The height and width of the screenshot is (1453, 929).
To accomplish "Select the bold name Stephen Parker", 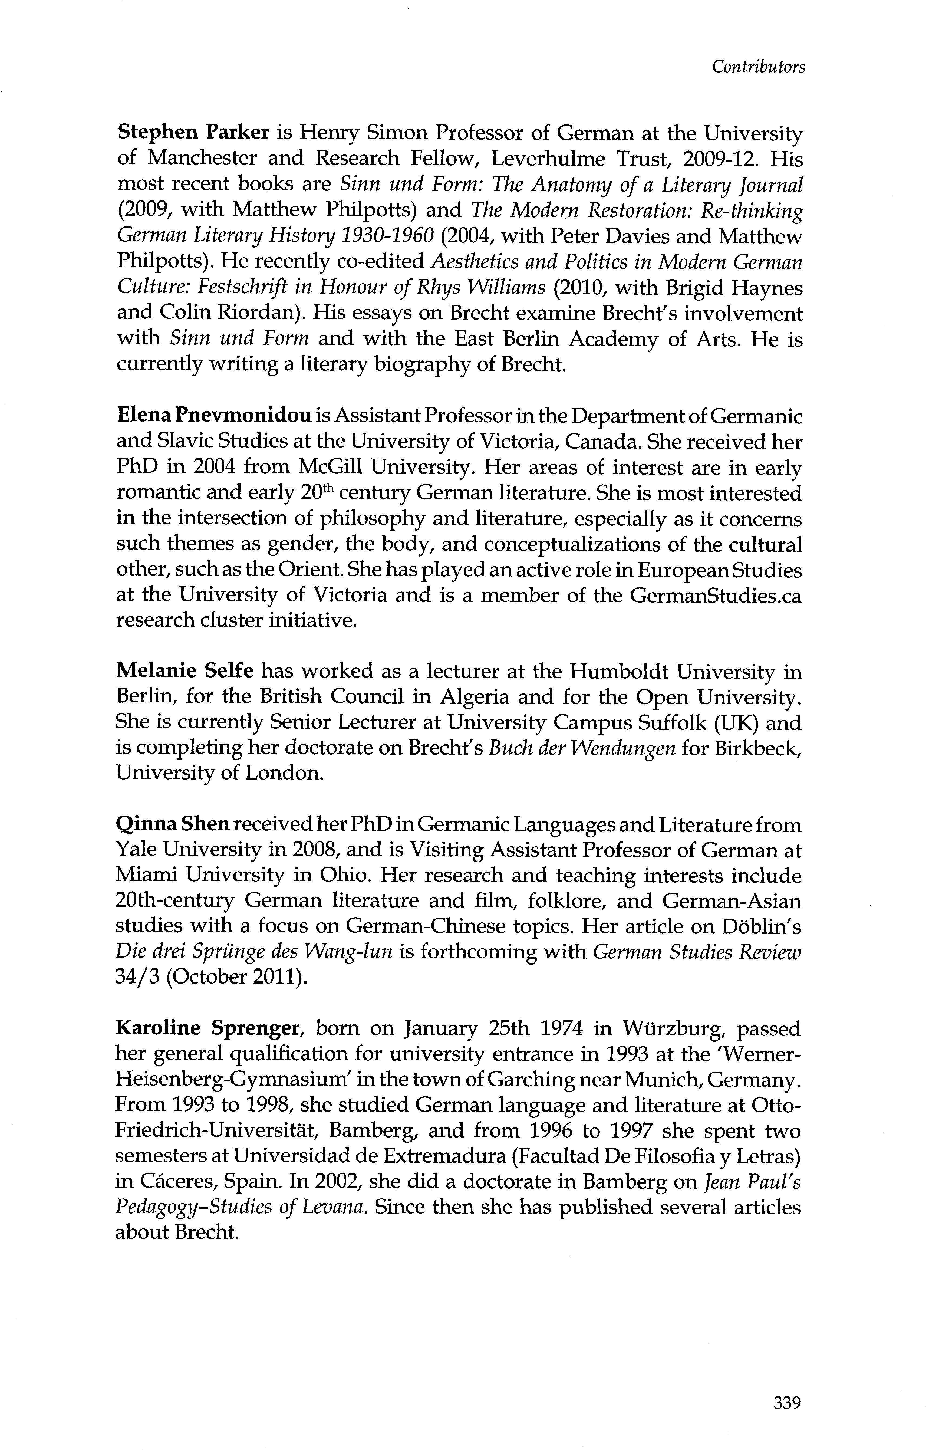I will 192,132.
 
